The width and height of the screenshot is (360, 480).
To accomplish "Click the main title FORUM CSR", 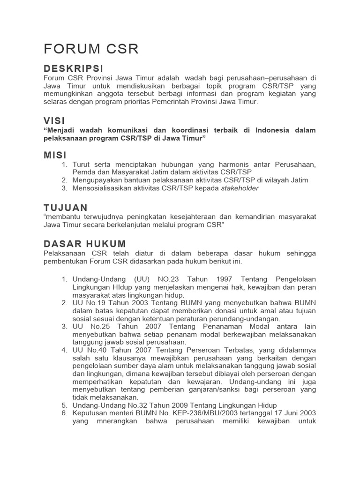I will tap(91, 49).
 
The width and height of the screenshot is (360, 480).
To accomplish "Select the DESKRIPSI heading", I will tap(73, 69).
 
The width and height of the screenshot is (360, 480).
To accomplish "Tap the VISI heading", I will tap(54, 121).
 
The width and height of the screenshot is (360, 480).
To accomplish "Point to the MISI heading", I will tap(55, 155).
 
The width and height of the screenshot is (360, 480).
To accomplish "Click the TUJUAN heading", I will tap(66, 207).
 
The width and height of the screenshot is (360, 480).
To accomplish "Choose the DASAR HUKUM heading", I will tap(84, 244).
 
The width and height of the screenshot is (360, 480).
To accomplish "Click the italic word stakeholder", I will tap(240, 188).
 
